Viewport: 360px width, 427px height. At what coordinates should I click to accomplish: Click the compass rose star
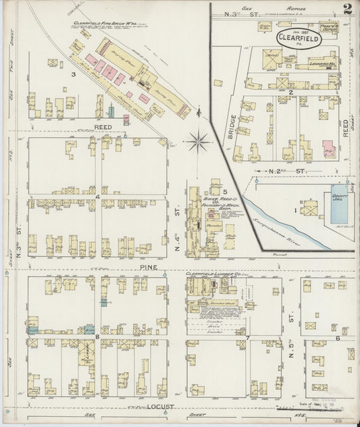pyautogui.click(x=198, y=141)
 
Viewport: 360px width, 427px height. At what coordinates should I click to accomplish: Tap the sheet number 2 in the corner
pyautogui.click(x=346, y=9)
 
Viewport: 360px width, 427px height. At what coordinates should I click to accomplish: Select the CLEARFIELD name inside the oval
pyautogui.click(x=298, y=39)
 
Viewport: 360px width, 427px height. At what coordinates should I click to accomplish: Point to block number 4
pyautogui.click(x=98, y=197)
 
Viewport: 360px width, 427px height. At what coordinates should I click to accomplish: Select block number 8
pyautogui.click(x=98, y=335)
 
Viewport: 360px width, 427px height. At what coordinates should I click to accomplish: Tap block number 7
pyautogui.click(x=248, y=337)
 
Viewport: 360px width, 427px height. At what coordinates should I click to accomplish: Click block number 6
pyautogui.click(x=337, y=337)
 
